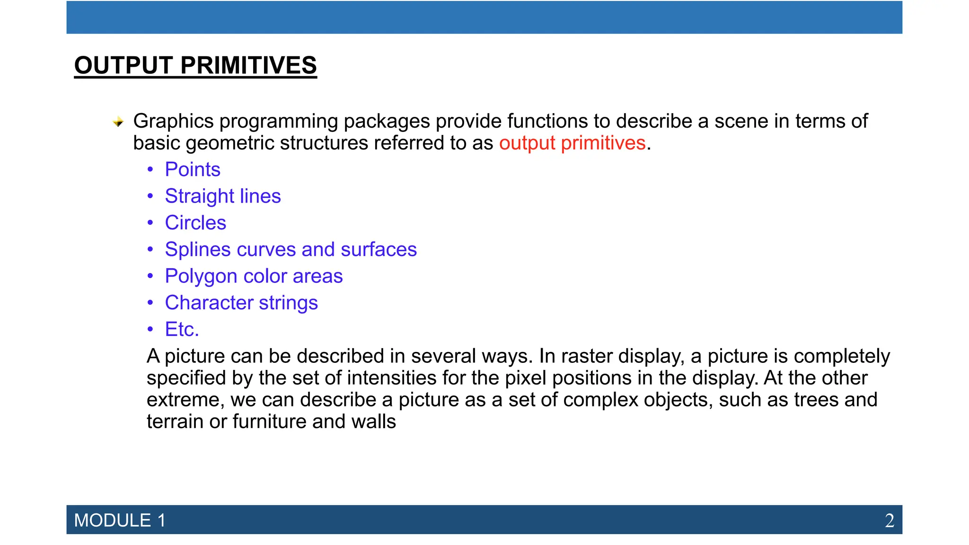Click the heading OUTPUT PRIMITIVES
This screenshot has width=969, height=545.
195,65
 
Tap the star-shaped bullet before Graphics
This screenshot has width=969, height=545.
118,122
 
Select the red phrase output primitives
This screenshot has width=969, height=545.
572,143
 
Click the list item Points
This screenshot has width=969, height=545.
193,169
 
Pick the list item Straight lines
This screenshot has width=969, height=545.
223,196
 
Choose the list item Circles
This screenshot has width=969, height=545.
195,222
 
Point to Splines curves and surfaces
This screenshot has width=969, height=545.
291,249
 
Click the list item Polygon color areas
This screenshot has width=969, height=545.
254,276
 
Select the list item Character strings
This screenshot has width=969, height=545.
241,303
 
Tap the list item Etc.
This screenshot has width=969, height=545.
182,329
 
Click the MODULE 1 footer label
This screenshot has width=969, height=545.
120,520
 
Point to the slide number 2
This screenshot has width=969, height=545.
890,520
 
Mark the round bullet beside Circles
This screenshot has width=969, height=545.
150,222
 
